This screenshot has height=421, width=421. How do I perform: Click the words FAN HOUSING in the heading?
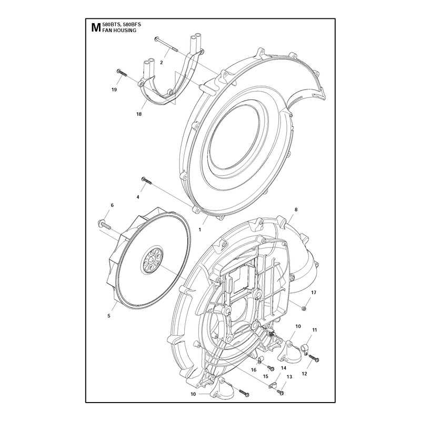click(x=119, y=31)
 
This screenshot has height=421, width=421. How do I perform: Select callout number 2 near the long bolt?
click(x=162, y=63)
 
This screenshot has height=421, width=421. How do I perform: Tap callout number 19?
click(x=114, y=89)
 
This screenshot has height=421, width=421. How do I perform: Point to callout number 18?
click(x=139, y=114)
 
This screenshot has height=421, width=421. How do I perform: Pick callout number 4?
click(x=138, y=197)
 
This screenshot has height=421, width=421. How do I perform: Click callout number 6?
click(x=112, y=205)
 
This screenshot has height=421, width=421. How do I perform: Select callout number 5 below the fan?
click(x=109, y=316)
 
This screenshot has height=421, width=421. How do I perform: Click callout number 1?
click(x=199, y=230)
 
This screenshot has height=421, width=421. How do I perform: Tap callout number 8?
click(x=296, y=209)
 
